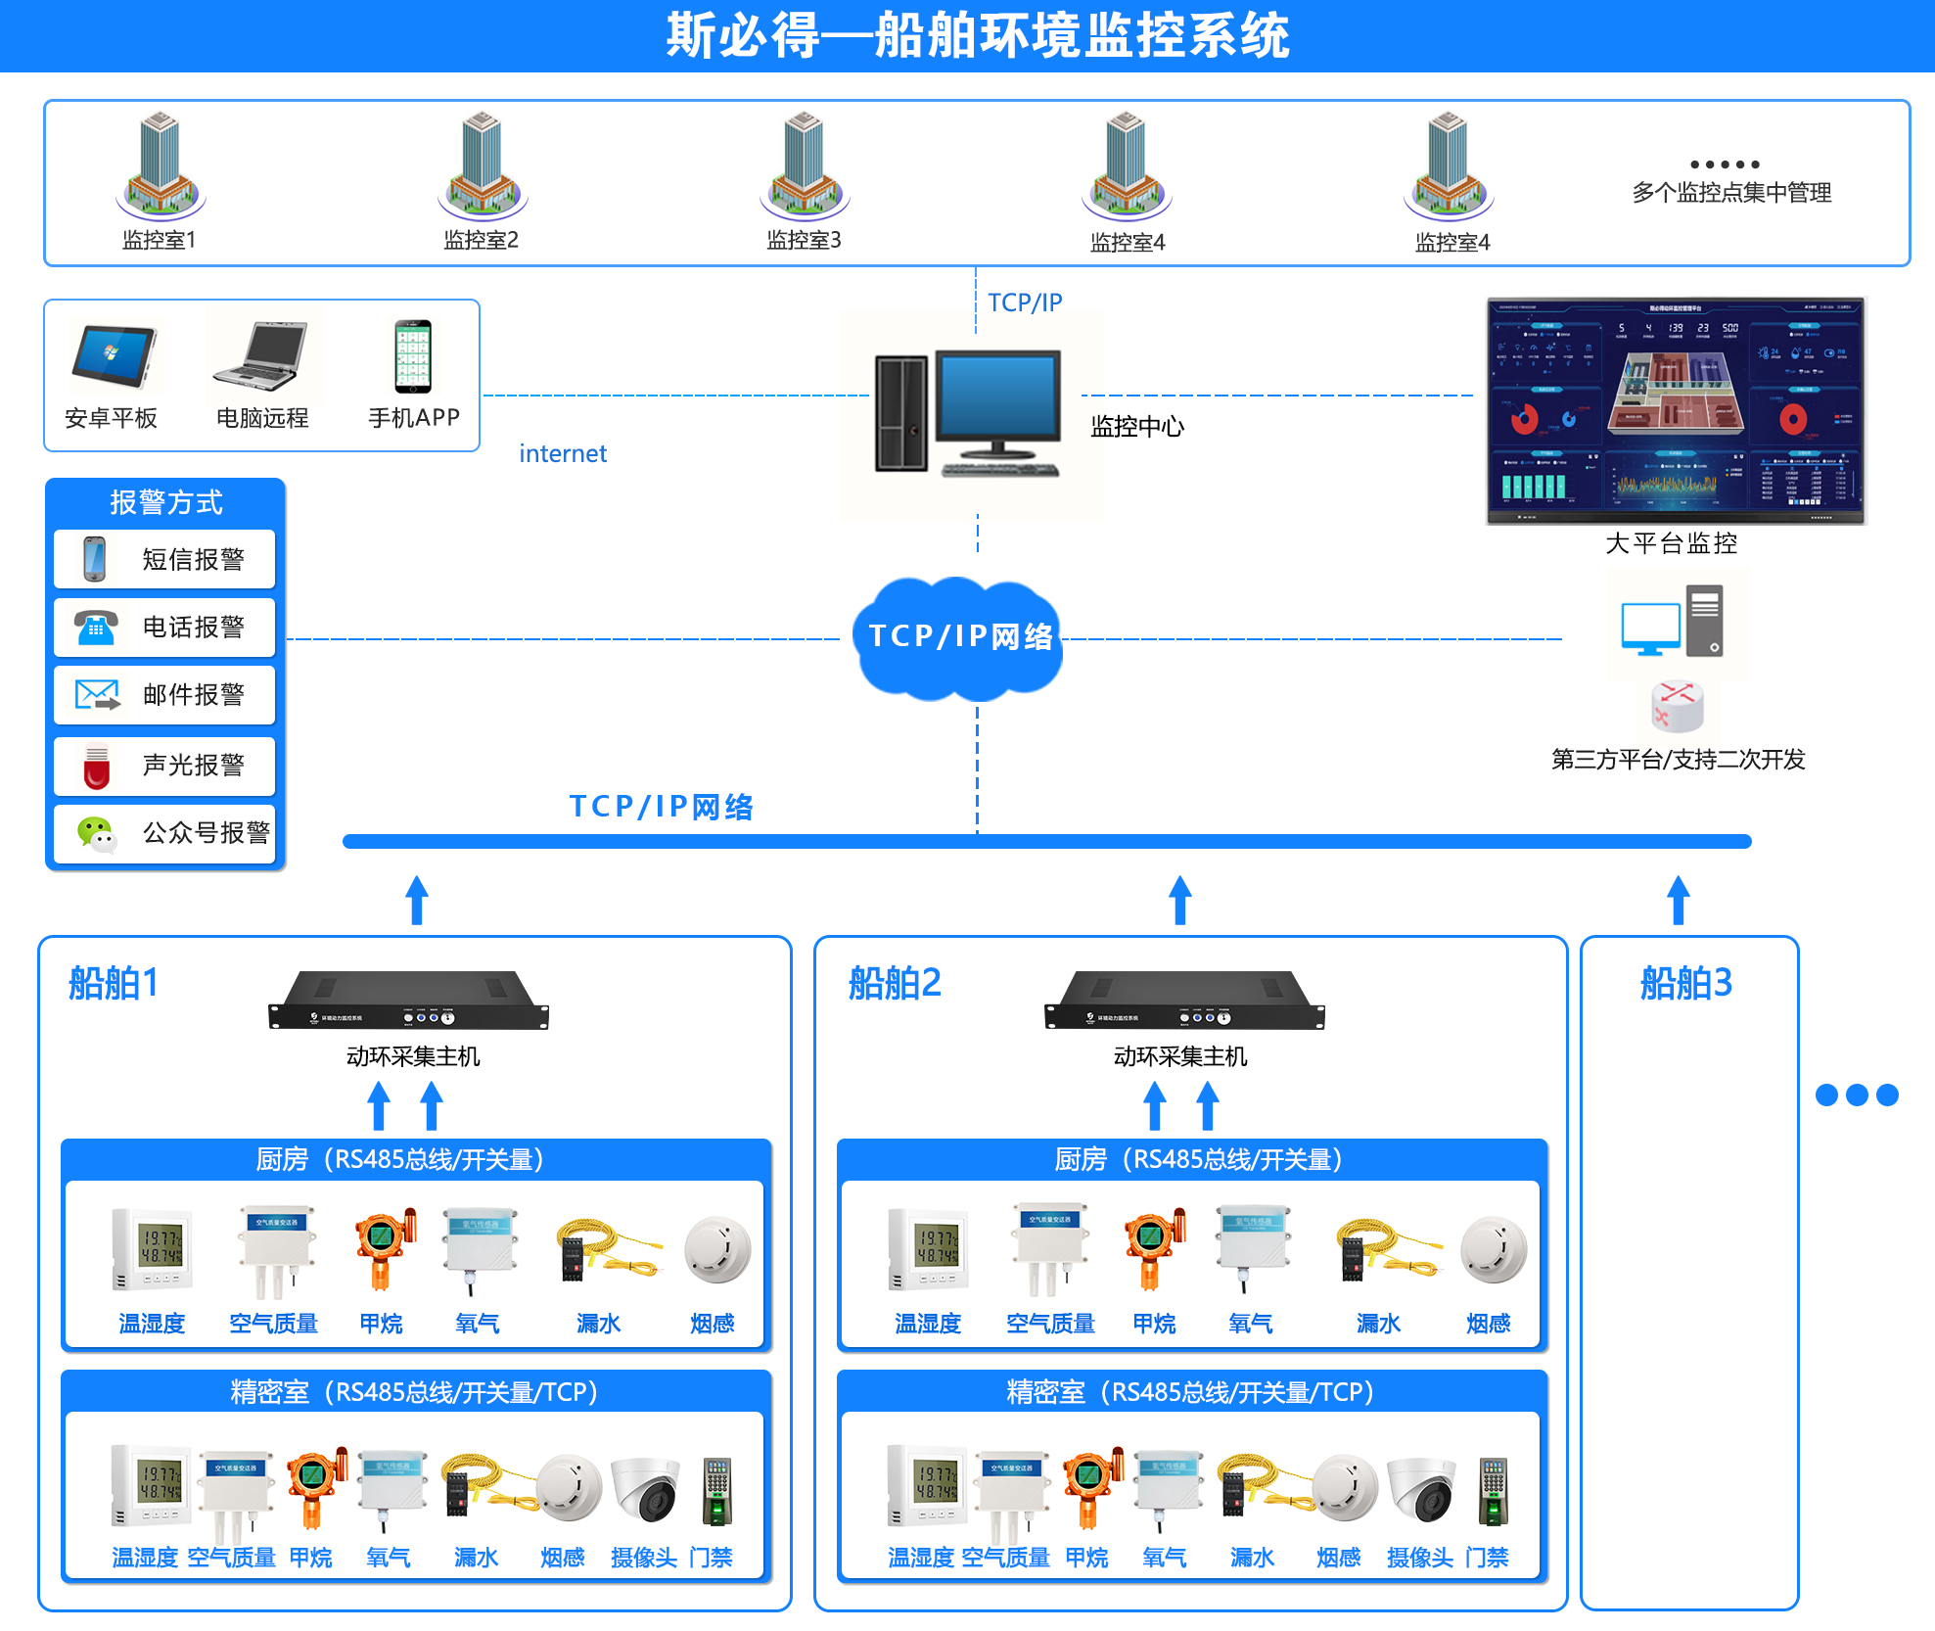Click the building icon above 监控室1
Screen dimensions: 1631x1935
click(x=161, y=164)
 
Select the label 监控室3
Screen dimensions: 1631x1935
click(x=804, y=240)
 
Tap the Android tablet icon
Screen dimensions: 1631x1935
click(x=114, y=356)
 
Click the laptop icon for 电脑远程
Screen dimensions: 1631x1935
click(x=261, y=356)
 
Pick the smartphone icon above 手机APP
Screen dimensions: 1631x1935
click(x=412, y=355)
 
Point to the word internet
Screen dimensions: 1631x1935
click(x=563, y=453)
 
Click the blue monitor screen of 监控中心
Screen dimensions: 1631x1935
click(x=997, y=396)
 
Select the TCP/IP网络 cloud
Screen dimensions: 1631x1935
click(x=959, y=637)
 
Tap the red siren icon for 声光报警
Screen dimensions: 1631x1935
click(x=96, y=766)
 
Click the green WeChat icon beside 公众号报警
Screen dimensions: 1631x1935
click(x=96, y=833)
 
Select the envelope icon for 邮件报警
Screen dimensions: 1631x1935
click(x=97, y=695)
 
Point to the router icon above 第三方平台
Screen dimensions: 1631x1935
click(x=1678, y=706)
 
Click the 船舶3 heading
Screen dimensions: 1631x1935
click(x=1685, y=983)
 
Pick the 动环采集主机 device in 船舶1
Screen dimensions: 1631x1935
click(x=409, y=1002)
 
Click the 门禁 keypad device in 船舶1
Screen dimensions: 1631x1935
click(x=716, y=1491)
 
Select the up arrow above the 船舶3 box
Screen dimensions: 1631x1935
click(x=1679, y=899)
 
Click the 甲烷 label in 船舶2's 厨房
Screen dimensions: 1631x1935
click(x=1154, y=1324)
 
